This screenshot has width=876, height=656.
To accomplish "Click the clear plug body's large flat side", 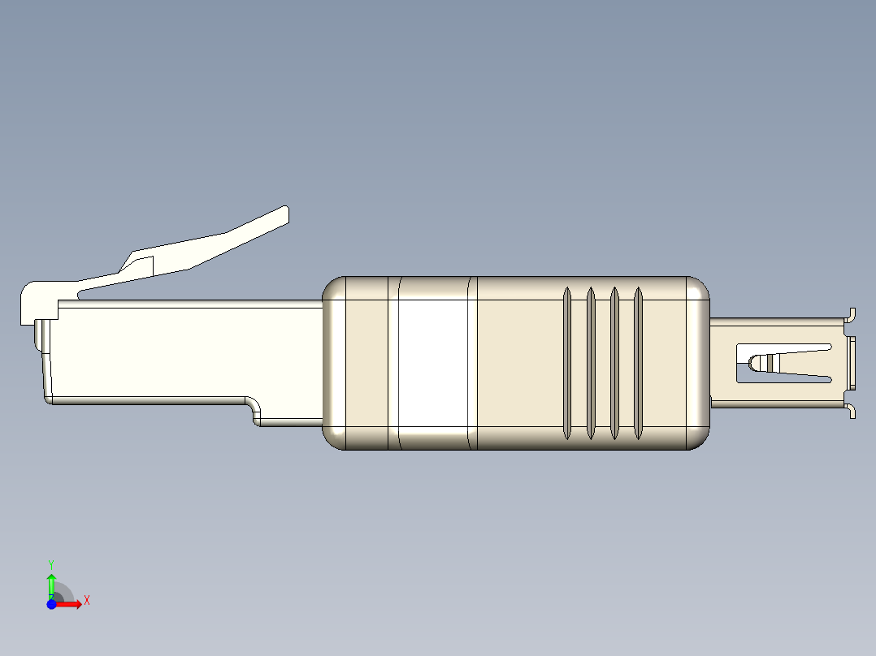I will (179, 349).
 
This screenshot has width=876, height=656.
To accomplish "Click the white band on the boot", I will (433, 362).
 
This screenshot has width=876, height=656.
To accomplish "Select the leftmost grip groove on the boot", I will (567, 363).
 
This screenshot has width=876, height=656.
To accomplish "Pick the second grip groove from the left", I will (591, 363).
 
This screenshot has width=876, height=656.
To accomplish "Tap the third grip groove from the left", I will (614, 363).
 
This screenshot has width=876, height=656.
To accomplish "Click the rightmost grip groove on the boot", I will (638, 363).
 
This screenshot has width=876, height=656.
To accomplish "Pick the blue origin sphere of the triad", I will (51, 604).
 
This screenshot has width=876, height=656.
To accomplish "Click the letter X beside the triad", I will (86, 601).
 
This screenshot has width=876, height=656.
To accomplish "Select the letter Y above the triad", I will (51, 563).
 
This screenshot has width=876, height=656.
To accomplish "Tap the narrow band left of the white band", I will (393, 363).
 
